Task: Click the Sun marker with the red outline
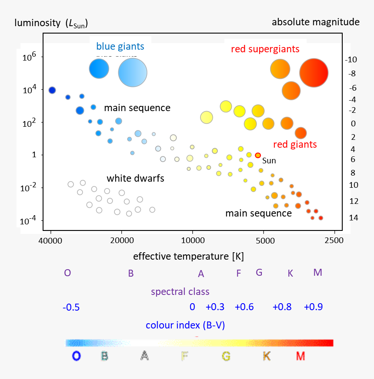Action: (x=258, y=155)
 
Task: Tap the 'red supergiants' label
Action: (x=265, y=49)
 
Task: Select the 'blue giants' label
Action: (x=120, y=46)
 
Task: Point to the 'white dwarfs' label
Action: (x=135, y=178)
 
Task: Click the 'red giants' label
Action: (x=294, y=144)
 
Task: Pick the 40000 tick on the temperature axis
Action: (x=51, y=240)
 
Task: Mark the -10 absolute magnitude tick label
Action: (x=351, y=60)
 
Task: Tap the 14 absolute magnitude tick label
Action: (x=354, y=217)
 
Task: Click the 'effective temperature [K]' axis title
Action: (x=188, y=256)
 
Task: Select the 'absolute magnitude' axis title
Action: (x=315, y=22)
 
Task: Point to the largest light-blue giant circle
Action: (x=133, y=73)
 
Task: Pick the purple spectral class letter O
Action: (x=67, y=273)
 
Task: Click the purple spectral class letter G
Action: (x=259, y=272)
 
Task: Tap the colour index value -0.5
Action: (x=71, y=307)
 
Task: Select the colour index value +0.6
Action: (x=244, y=307)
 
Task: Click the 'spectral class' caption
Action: (x=180, y=291)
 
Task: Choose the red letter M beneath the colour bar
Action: (x=300, y=356)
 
